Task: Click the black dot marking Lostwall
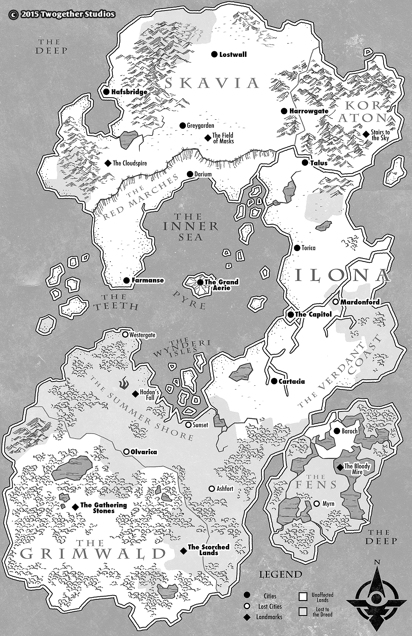click(x=214, y=54)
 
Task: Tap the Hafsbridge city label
click(x=129, y=92)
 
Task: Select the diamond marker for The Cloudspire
click(x=108, y=163)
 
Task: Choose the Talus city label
click(x=319, y=163)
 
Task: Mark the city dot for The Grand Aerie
click(x=200, y=282)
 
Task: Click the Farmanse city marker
click(x=126, y=280)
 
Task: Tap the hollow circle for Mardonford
click(x=336, y=302)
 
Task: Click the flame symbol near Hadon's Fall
click(x=124, y=384)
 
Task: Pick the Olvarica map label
click(x=143, y=452)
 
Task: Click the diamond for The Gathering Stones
click(x=75, y=507)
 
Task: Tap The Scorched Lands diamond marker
click(x=183, y=551)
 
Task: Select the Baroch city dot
click(x=336, y=431)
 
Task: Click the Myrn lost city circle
click(x=316, y=504)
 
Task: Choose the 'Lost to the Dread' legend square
click(x=303, y=611)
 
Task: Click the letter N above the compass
click(x=377, y=562)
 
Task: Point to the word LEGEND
click(x=281, y=574)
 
